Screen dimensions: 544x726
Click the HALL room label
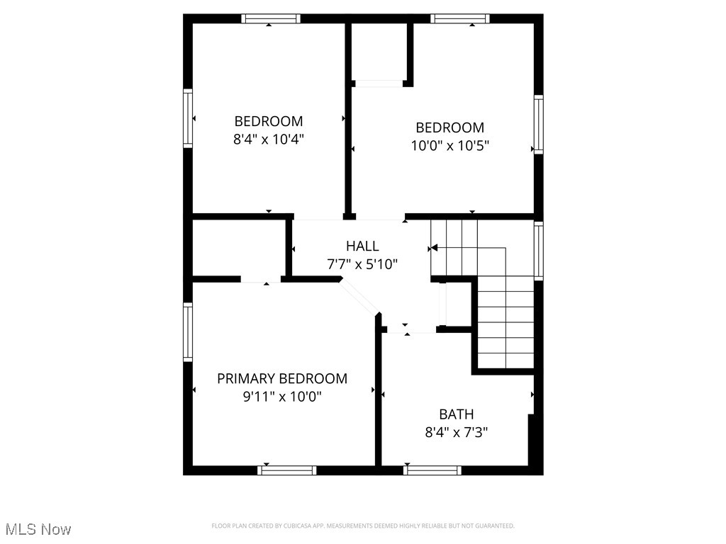[x=362, y=246]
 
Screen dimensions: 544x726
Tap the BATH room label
[x=456, y=414]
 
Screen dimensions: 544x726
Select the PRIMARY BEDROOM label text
[x=282, y=378]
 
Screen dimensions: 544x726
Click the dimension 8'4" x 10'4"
[x=269, y=140]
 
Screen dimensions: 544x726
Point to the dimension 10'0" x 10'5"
[x=450, y=146]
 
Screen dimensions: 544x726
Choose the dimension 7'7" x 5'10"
[x=362, y=264]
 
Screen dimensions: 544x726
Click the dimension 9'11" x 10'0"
[x=282, y=397]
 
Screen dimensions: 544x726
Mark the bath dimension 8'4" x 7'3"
[x=456, y=432]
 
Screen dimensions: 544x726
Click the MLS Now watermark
[x=38, y=529]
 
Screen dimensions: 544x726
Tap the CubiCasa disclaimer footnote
[x=363, y=526]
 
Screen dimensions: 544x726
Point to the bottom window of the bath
[x=432, y=470]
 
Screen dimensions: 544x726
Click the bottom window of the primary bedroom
[x=287, y=470]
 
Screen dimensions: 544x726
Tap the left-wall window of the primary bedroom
[x=188, y=331]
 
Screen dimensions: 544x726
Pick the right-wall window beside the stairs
[x=538, y=251]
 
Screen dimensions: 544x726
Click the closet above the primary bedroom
[x=239, y=247]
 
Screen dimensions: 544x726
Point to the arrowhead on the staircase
[x=435, y=248]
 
